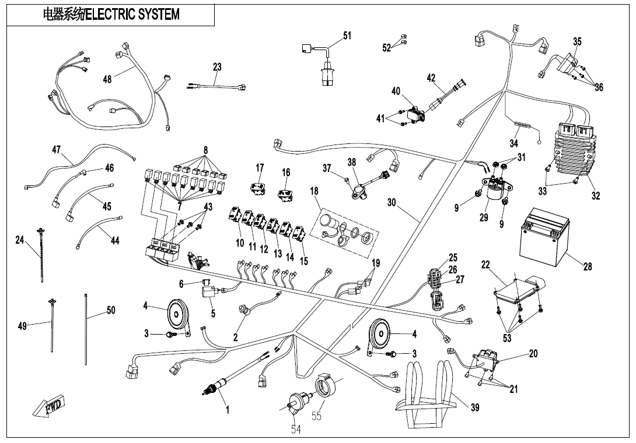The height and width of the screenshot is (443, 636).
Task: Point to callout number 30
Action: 392,202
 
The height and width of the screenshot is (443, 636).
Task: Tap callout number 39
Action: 474,407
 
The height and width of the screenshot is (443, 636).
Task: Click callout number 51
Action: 347,36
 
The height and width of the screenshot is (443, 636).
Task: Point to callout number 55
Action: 316,416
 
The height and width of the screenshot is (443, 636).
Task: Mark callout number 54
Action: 296,430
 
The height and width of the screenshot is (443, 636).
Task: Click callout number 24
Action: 20,240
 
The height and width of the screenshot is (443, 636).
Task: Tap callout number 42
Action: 431,78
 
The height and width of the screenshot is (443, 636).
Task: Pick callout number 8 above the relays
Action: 205,150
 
